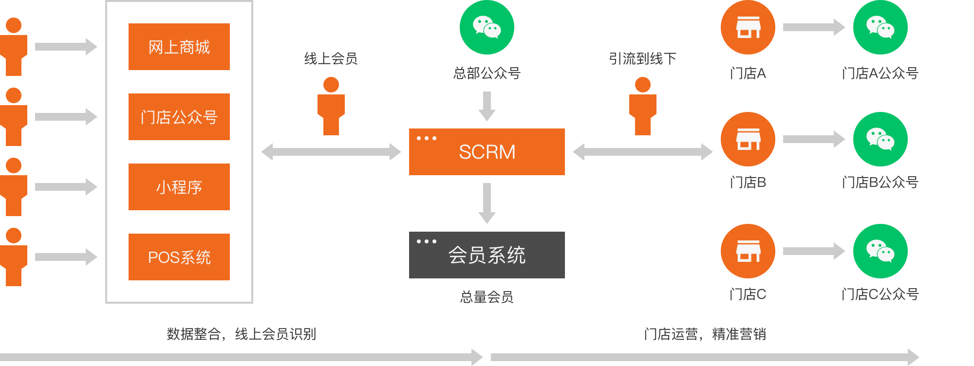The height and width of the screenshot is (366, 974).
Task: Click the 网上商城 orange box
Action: (x=179, y=47)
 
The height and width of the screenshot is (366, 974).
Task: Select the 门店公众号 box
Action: (x=179, y=117)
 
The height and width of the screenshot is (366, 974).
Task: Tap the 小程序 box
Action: (x=179, y=187)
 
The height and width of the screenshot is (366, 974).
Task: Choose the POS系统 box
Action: (x=179, y=257)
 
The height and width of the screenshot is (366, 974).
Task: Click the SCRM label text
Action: (x=487, y=152)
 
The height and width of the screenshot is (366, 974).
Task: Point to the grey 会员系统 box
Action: (x=487, y=255)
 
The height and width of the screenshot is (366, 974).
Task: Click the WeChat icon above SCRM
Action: (x=487, y=27)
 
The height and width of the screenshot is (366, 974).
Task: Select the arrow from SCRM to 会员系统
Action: (x=487, y=203)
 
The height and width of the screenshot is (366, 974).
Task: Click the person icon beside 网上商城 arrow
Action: (x=14, y=47)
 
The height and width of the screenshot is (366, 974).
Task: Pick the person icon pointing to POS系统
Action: (x=14, y=257)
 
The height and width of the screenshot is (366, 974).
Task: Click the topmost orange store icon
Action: (x=748, y=27)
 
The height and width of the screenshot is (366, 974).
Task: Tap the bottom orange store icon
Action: (x=748, y=251)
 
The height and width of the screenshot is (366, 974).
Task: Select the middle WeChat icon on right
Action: (x=880, y=139)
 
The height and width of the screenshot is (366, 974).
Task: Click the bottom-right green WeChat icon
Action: (x=880, y=251)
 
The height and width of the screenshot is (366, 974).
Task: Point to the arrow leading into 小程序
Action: (x=66, y=187)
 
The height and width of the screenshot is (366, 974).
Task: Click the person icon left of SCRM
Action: (x=331, y=106)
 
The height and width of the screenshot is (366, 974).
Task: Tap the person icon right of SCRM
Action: (x=643, y=106)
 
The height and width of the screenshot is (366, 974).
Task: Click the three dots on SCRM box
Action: (x=427, y=138)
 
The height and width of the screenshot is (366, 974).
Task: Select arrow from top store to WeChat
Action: (x=814, y=27)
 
